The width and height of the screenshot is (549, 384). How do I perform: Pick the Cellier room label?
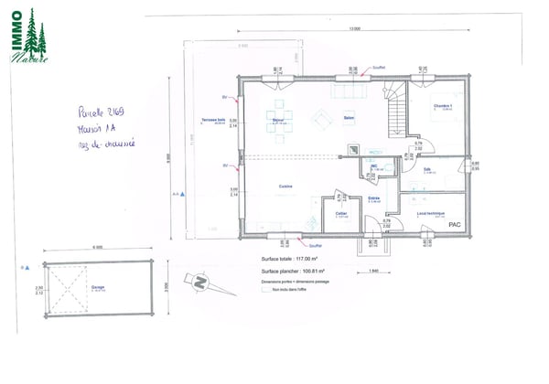pyautogui.click(x=340, y=214)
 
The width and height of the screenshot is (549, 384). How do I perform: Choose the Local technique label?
pyautogui.click(x=430, y=214)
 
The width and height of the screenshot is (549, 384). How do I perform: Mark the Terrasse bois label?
pyautogui.click(x=215, y=122)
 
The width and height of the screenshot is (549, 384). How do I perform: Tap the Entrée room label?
pyautogui.click(x=373, y=197)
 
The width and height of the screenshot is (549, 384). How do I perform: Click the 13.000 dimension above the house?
pyautogui.click(x=353, y=30)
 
